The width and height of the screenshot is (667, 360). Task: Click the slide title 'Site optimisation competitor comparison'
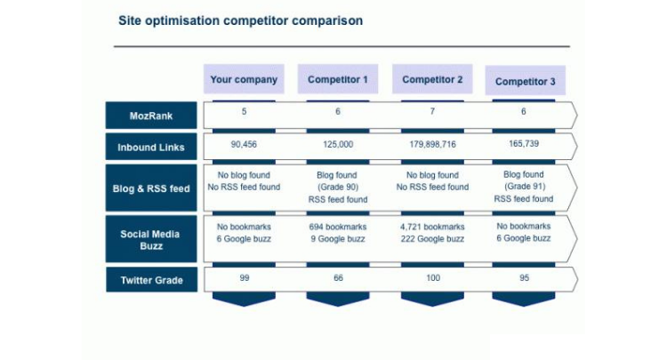click(240, 20)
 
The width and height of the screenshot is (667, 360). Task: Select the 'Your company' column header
click(244, 79)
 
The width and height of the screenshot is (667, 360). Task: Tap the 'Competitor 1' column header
click(338, 79)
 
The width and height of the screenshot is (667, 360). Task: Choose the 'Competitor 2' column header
click(432, 79)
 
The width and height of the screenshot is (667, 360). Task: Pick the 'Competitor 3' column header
click(525, 82)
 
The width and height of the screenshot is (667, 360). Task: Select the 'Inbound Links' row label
click(151, 148)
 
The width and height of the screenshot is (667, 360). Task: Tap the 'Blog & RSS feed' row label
click(151, 188)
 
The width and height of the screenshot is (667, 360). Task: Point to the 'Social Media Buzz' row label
click(151, 239)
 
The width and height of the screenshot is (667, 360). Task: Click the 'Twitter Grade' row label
click(151, 280)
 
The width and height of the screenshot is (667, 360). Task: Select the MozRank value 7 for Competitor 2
click(432, 112)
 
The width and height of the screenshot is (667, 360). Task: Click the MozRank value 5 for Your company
click(244, 112)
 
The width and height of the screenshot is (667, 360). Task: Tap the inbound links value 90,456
click(244, 143)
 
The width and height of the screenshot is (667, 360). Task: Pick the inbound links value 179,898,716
click(432, 143)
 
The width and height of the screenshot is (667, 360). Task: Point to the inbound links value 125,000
click(338, 143)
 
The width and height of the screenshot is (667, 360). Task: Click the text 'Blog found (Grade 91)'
click(524, 181)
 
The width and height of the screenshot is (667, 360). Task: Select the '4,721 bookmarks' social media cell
click(432, 227)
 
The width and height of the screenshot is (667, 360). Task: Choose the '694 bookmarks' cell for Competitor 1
click(338, 227)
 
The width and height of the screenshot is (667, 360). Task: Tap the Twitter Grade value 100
click(432, 278)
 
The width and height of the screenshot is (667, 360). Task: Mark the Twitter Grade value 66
click(338, 278)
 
